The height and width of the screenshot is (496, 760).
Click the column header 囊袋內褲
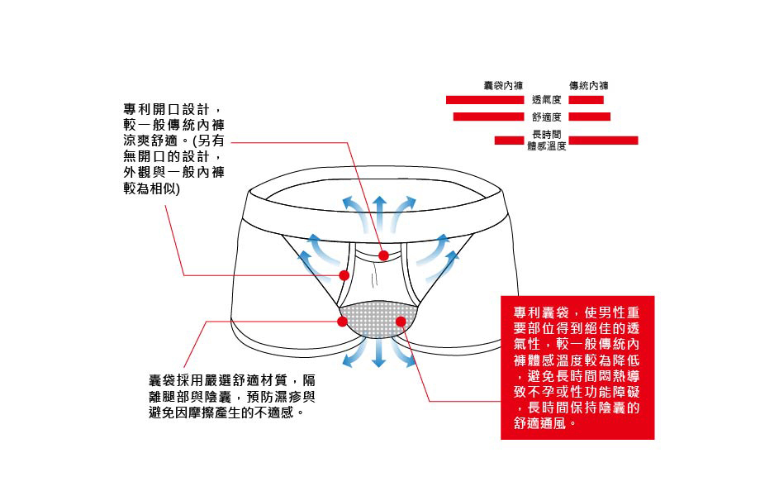(502, 85)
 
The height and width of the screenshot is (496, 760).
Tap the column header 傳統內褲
(589, 85)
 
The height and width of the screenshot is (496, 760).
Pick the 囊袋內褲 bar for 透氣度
(485, 100)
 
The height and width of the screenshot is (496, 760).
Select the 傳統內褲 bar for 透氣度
(586, 100)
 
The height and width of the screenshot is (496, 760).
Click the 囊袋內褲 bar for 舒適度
(488, 117)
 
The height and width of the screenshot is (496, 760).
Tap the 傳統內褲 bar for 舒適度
(589, 117)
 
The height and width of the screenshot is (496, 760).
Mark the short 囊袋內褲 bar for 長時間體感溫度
(510, 140)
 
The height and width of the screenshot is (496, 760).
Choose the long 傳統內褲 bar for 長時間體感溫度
(603, 140)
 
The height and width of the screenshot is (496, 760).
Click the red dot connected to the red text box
(401, 321)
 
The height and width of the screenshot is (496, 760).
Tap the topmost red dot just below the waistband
(383, 255)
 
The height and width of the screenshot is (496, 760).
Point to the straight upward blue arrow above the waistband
(379, 207)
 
